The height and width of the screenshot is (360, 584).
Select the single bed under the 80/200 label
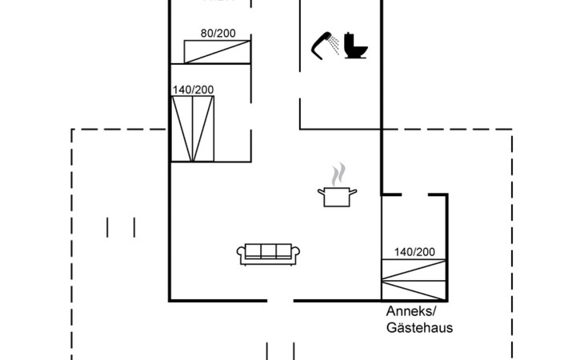pos(218,50)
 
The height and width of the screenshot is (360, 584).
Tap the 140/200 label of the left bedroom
pos(193,90)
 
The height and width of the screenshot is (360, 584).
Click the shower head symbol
pos(324,45)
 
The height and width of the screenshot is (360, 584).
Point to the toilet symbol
pos(355,46)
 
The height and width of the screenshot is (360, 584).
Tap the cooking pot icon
pos(338,196)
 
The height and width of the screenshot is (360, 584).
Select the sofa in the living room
pos(269,253)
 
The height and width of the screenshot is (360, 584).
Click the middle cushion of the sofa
pos(269,251)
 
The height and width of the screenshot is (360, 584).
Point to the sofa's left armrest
pos(242,254)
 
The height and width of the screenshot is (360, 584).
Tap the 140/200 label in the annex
pos(414,252)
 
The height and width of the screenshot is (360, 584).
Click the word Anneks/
pos(413,312)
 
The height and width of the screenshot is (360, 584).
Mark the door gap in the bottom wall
pos(281,301)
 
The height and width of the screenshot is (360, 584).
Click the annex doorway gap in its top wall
pos(414,194)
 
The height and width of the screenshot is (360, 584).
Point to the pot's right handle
pos(354,190)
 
